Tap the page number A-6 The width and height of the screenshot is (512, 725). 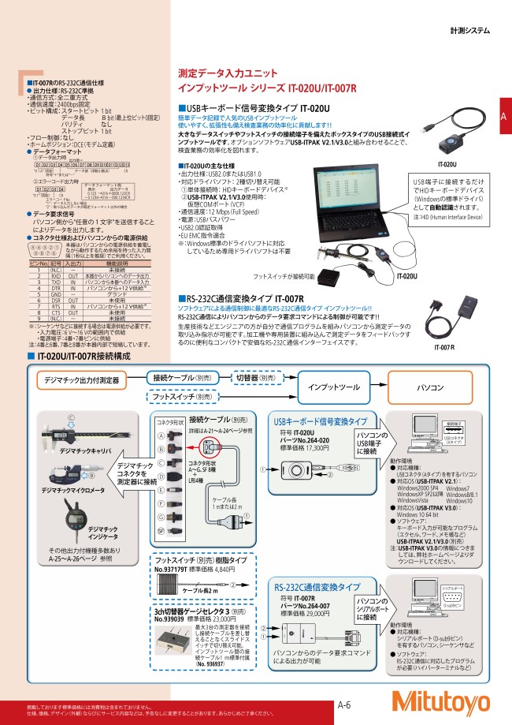click(x=345, y=706)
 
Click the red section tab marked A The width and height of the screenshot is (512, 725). click(x=503, y=117)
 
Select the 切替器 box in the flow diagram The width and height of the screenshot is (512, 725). click(x=257, y=378)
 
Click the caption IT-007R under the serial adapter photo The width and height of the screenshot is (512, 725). click(x=445, y=346)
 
